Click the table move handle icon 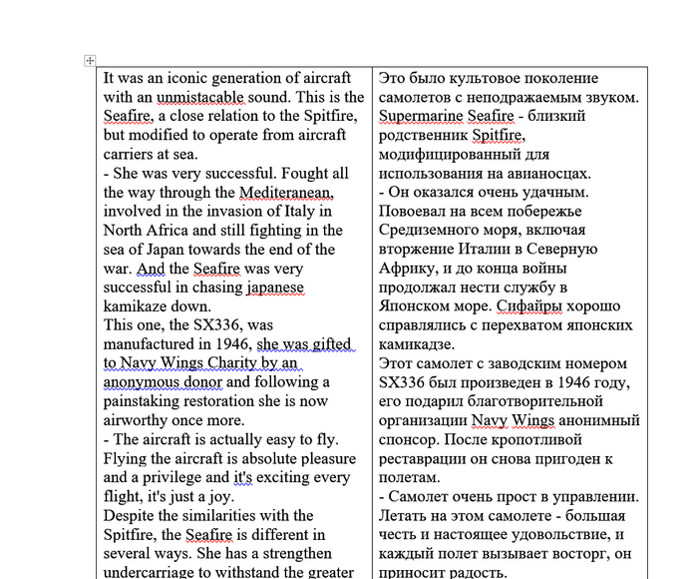pyautogui.click(x=90, y=61)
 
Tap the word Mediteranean pyautogui.click(x=292, y=192)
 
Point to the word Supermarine pyautogui.click(x=423, y=116)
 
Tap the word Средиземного pyautogui.click(x=431, y=230)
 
